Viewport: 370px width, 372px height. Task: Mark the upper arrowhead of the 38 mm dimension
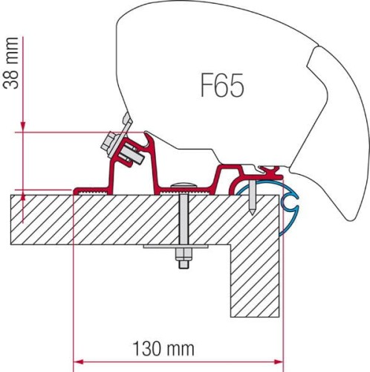pyautogui.click(x=24, y=127)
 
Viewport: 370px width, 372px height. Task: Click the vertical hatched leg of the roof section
pyautogui.click(x=256, y=275)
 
